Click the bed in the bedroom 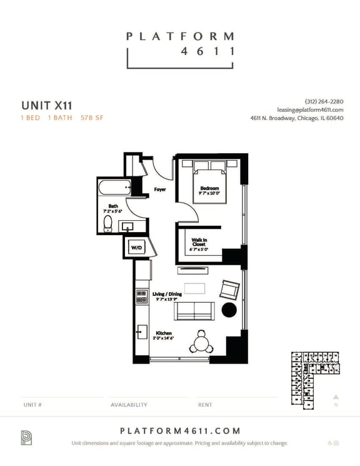point(209,178)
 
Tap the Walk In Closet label point(199,243)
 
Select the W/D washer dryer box point(136,248)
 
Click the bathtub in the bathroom point(114,187)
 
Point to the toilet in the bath point(107,224)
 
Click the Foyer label point(160,189)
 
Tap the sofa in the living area point(194,310)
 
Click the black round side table point(229,310)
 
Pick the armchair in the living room point(228,290)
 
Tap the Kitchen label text point(164,333)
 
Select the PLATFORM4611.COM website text point(179,431)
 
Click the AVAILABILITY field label point(129,405)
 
